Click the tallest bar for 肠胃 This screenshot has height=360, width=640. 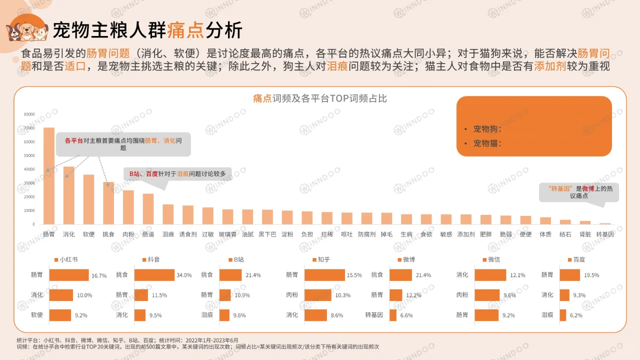pyautogui.click(x=49, y=175)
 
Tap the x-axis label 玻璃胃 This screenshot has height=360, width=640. pyautogui.click(x=228, y=234)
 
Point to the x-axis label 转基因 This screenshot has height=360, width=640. pyautogui.click(x=605, y=234)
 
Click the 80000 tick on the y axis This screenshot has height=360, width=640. pyautogui.click(x=29, y=114)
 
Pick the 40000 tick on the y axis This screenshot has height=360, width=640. pyautogui.click(x=29, y=169)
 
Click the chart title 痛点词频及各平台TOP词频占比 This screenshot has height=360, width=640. pyautogui.click(x=320, y=98)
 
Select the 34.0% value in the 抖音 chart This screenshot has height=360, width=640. pyautogui.click(x=184, y=275)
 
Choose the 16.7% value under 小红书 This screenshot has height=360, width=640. pyautogui.click(x=99, y=275)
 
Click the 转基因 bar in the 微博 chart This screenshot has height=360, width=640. pyautogui.click(x=393, y=315)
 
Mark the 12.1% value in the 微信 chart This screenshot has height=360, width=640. pyautogui.click(x=517, y=275)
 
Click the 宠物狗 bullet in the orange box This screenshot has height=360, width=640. pyautogui.click(x=487, y=129)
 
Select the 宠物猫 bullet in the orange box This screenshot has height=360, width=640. pyautogui.click(x=487, y=143)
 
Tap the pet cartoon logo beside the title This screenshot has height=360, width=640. pyautogui.click(x=27, y=29)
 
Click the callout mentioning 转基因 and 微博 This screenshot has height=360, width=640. pyautogui.click(x=578, y=192)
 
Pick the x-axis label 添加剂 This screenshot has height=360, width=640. pyautogui.click(x=466, y=234)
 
